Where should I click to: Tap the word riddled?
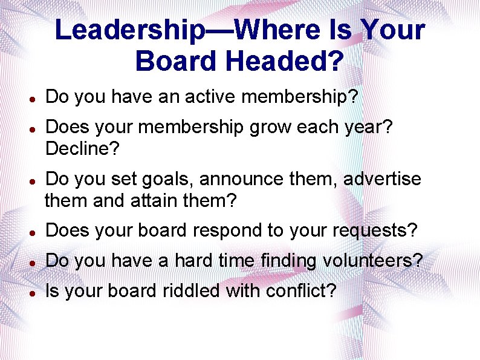pyautogui.click(x=191, y=291)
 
